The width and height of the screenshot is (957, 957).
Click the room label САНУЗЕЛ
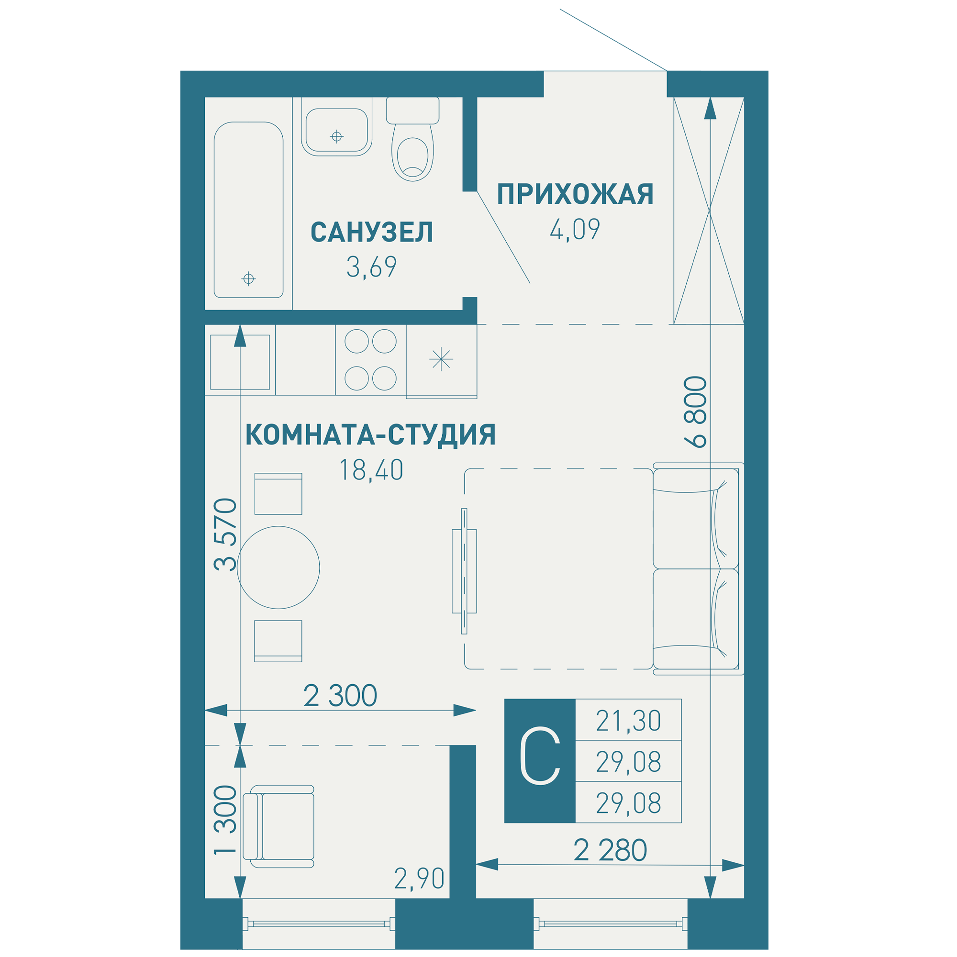[371, 233]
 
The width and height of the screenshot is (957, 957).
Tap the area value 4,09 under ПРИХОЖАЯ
[575, 229]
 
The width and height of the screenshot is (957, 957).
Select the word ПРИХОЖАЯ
[575, 194]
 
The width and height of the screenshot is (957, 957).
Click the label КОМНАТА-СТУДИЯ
[370, 435]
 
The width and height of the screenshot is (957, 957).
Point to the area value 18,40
[371, 470]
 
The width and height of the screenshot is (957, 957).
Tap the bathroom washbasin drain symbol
[337, 136]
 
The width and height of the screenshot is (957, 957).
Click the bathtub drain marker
[249, 279]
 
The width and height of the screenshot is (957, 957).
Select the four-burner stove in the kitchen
[370, 360]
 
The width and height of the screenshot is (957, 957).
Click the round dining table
[278, 567]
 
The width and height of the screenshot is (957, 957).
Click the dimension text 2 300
[340, 695]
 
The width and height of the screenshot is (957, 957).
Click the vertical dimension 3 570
[225, 535]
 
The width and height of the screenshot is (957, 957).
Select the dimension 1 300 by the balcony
[225, 820]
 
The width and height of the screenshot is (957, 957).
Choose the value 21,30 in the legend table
[628, 721]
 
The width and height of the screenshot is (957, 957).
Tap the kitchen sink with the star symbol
[441, 360]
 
